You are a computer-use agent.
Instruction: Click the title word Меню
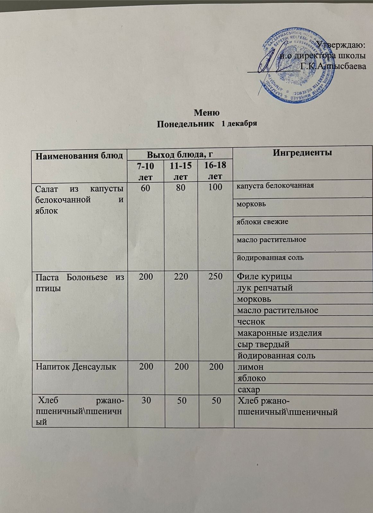207,113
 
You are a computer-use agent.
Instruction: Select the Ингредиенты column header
302,153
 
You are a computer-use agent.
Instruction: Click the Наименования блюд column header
79,156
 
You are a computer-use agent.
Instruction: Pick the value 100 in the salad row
215,187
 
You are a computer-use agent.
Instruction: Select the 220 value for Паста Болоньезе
181,276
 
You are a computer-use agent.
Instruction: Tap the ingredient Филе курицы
265,276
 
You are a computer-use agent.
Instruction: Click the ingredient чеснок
251,321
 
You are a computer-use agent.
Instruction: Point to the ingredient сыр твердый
263,344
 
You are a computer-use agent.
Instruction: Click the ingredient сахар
248,390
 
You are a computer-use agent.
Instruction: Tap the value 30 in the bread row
146,401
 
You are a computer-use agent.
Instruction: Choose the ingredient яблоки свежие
262,222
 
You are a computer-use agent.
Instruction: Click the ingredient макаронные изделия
279,333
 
